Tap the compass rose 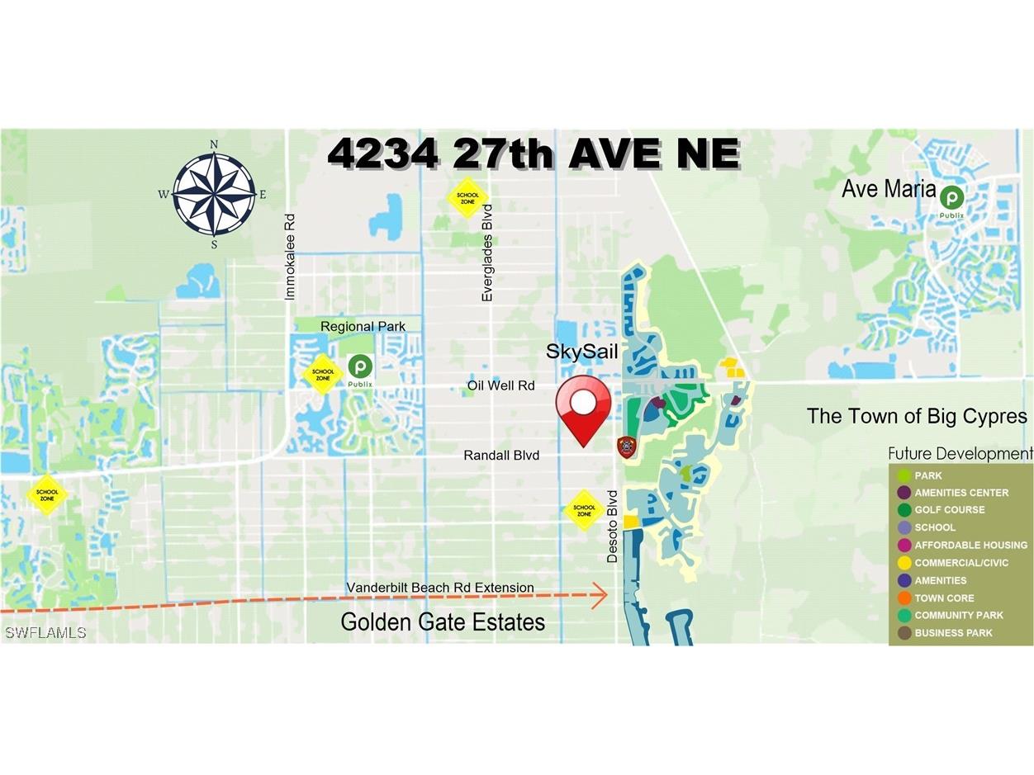coord(214,195)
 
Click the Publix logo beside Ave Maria coord(951,198)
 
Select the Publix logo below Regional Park coord(360,367)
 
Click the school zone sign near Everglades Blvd coord(467,198)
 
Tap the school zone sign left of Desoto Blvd coord(584,510)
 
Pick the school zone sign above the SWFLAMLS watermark coord(47,494)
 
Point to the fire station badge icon coord(627,447)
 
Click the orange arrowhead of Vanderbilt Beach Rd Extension coord(600,594)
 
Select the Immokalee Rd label coord(289,257)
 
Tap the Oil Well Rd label coord(500,385)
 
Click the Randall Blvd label coord(501,455)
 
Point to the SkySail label coord(581,352)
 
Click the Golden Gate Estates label coord(443,621)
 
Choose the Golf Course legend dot coord(904,510)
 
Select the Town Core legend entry coord(944,598)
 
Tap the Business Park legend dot coord(904,633)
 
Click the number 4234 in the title coord(382,154)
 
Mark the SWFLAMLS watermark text coord(45,632)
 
